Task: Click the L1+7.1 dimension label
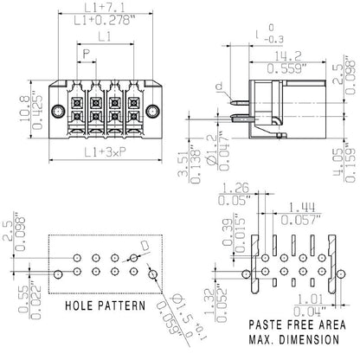click(103, 8)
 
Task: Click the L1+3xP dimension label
click(103, 153)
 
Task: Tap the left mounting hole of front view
click(59, 110)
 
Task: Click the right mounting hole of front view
click(155, 110)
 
